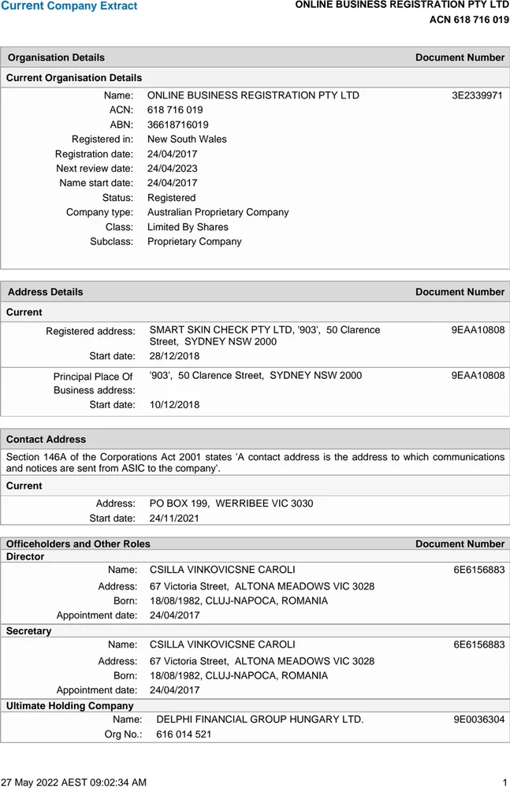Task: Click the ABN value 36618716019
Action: pos(178,125)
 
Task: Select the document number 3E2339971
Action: pos(477,95)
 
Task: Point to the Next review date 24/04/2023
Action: pos(173,168)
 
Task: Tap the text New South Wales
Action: pos(187,139)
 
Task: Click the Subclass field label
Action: pos(111,241)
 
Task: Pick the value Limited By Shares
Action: pos(188,227)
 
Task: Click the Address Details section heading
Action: pos(45,292)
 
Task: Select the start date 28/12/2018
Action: pos(175,356)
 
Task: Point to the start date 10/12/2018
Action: pos(175,405)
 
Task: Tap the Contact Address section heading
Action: pos(47,439)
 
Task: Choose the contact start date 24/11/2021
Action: pos(175,519)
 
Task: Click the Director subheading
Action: pos(25,556)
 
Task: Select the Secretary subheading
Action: pos(28,631)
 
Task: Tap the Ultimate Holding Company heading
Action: pos(70,706)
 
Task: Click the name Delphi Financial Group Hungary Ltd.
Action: pos(260,719)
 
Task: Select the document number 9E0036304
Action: pos(478,719)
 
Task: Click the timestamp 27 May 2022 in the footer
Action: pos(73,782)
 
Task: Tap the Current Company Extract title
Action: pos(69,6)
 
